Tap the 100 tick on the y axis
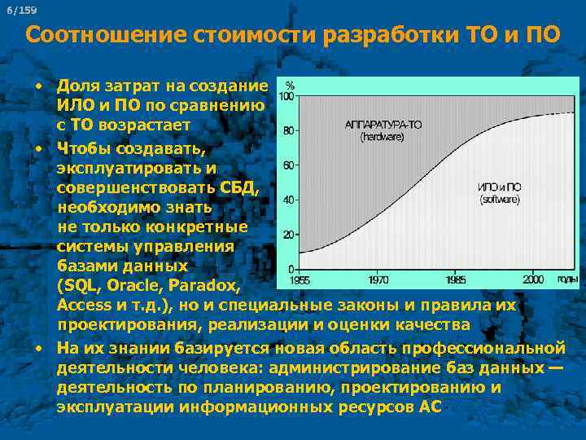coord(286,96)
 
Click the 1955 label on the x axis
coord(300,279)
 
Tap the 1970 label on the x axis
coord(378,279)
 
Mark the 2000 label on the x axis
coord(533,279)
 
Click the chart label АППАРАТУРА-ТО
coord(383,125)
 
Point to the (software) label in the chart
coord(499,199)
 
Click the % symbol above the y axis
coord(289,84)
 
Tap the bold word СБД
coord(238,188)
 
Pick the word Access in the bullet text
coord(85,305)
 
